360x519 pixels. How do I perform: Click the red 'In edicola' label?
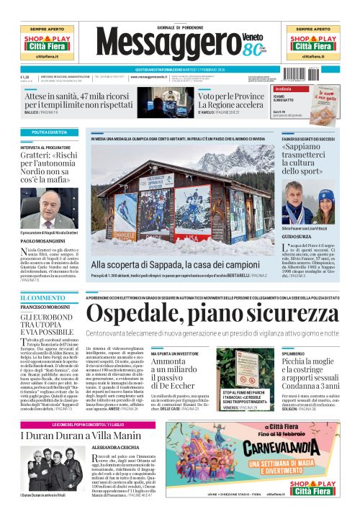tap(294, 89)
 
